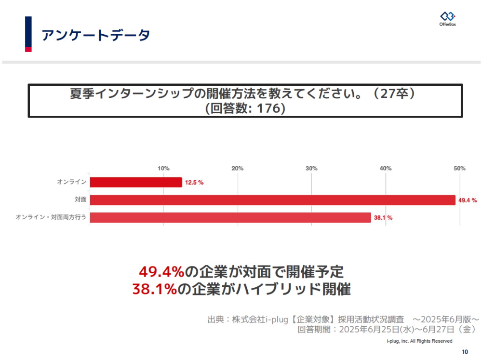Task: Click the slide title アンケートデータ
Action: (x=96, y=35)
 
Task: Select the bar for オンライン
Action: (x=136, y=182)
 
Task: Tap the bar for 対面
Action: (x=272, y=200)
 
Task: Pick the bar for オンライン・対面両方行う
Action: (x=230, y=217)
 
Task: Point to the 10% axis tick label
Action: (x=164, y=168)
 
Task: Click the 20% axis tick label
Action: (x=238, y=168)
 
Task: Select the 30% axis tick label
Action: (x=311, y=168)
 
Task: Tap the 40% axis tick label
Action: (x=386, y=168)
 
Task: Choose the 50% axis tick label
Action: (x=459, y=168)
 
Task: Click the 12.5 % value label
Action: (x=194, y=183)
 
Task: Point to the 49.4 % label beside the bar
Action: (x=467, y=200)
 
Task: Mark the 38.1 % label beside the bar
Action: (x=383, y=218)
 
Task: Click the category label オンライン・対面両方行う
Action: (x=51, y=218)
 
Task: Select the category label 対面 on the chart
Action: (x=80, y=200)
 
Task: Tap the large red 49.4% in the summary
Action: (x=161, y=272)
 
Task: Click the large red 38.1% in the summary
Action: (x=155, y=289)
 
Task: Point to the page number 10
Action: (x=465, y=351)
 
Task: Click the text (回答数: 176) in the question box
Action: (x=245, y=108)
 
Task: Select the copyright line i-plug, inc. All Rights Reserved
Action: (x=419, y=341)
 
